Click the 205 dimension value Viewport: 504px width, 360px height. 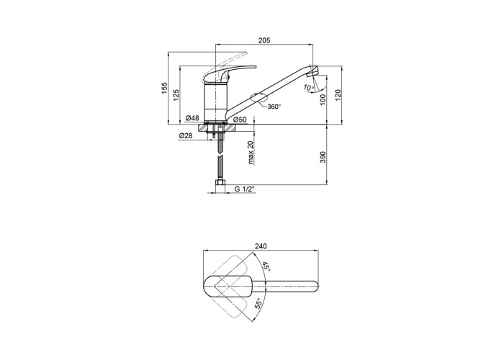tap(264, 40)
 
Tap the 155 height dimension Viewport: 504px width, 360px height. tap(165, 88)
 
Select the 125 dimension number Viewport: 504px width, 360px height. tap(176, 95)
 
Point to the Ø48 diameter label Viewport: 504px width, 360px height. tap(192, 118)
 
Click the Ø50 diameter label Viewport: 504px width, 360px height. tap(240, 120)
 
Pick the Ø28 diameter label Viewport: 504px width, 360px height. tap(186, 135)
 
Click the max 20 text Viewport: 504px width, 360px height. tap(251, 153)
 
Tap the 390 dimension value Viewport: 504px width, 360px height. tap(323, 157)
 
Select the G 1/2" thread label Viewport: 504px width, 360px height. tap(245, 189)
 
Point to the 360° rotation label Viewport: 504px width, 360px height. tap(274, 107)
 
